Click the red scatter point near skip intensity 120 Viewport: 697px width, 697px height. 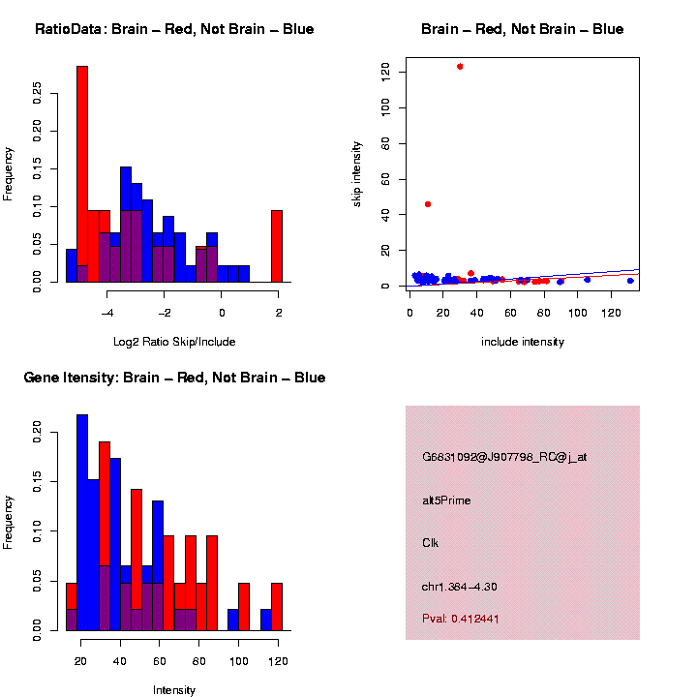[x=460, y=67]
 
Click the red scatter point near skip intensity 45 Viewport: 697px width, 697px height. [x=428, y=204]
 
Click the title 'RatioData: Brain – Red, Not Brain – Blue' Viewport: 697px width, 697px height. [x=174, y=29]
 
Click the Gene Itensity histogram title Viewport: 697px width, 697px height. [x=174, y=378]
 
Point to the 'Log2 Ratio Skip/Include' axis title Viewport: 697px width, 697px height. [x=174, y=342]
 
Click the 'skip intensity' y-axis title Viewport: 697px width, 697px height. [x=357, y=172]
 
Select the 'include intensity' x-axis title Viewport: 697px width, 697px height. [x=523, y=342]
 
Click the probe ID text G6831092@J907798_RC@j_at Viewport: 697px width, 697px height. [x=504, y=457]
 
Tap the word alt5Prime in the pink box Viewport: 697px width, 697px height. [x=446, y=500]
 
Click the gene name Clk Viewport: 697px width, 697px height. [x=430, y=543]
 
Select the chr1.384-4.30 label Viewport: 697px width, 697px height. [x=460, y=587]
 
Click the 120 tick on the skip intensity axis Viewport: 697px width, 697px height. [x=385, y=71]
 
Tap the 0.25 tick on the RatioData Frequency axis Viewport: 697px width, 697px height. [x=37, y=91]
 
